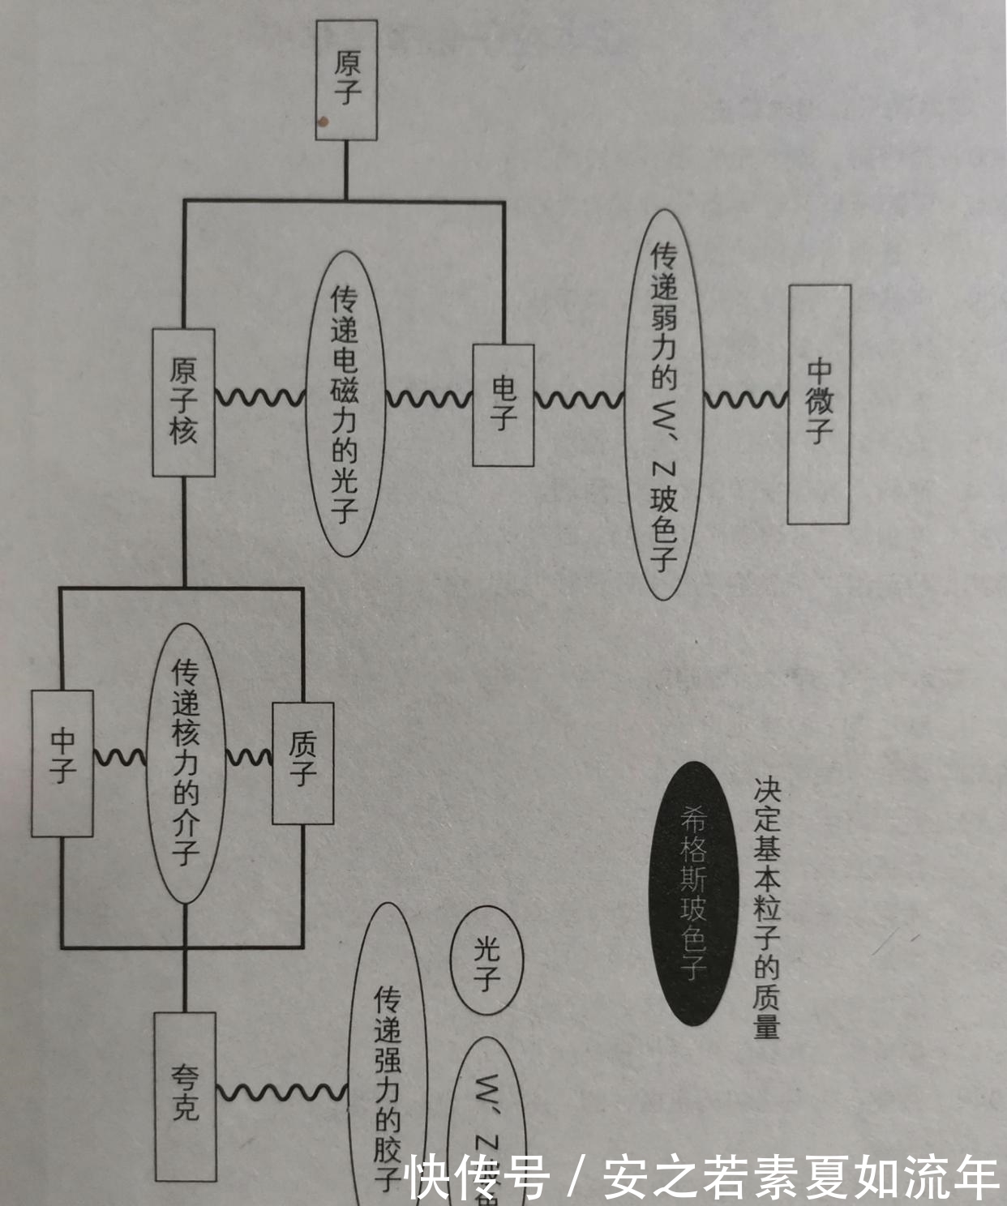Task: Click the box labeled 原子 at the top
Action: (x=346, y=79)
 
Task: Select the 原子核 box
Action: (x=184, y=402)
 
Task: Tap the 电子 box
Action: (x=504, y=404)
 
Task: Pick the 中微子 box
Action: (x=819, y=404)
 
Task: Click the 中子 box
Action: (x=62, y=763)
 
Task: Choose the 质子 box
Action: (x=303, y=763)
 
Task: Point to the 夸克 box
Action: (x=186, y=1096)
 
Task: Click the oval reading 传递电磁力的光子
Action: (x=344, y=404)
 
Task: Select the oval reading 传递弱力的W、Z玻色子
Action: (x=664, y=404)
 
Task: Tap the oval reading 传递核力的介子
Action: (x=186, y=763)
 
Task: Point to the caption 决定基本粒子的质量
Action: (x=766, y=908)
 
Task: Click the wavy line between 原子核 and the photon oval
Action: (x=259, y=398)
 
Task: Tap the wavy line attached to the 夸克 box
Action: (x=281, y=1092)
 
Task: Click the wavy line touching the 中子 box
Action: (x=119, y=758)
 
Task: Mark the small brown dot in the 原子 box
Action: (x=323, y=122)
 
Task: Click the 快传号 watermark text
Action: (x=478, y=1178)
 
